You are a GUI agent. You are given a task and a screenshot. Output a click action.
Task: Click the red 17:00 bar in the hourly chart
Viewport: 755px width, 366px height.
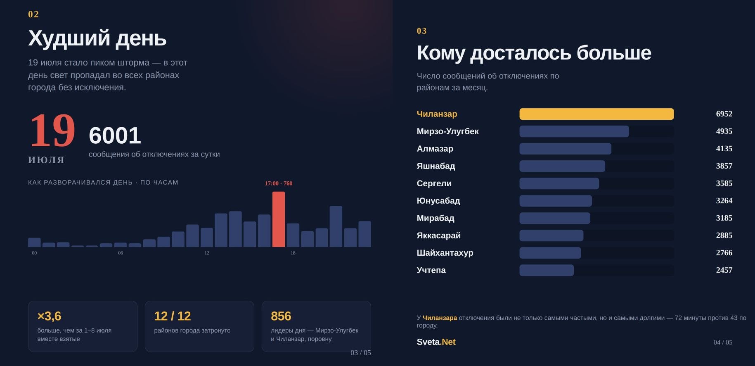[x=278, y=219]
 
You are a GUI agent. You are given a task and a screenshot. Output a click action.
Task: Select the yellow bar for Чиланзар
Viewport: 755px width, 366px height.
[x=596, y=114]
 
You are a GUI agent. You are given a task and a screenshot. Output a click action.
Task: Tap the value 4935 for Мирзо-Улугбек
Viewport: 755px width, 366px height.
[x=724, y=131]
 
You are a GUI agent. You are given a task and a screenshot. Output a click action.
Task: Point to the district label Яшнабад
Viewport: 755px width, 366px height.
[x=436, y=166]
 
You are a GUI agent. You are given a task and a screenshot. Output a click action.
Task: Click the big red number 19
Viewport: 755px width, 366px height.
[x=52, y=131]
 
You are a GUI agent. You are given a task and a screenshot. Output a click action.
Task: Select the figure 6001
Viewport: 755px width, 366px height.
[x=115, y=135]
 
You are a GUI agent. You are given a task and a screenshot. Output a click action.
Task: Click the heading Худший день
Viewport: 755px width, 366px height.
[x=97, y=38]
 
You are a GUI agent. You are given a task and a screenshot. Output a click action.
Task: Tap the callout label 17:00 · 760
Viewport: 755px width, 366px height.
[x=279, y=183]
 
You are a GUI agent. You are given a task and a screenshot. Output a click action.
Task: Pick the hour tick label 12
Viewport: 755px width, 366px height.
[x=207, y=253]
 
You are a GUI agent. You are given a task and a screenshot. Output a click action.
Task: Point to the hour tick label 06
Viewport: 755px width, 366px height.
[x=121, y=253]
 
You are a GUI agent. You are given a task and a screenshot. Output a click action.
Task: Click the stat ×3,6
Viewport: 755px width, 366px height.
[x=49, y=316]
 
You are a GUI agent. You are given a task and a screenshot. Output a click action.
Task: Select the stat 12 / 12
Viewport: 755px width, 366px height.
[x=173, y=316]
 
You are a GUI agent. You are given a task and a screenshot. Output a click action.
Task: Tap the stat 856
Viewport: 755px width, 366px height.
[x=281, y=316]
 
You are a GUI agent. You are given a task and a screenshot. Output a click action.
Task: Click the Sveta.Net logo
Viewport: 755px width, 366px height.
[x=436, y=342]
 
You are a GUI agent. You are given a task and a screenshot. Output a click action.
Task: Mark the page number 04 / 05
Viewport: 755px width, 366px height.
[x=723, y=342]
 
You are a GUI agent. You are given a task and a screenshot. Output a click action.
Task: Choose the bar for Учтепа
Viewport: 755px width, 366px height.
[x=547, y=270]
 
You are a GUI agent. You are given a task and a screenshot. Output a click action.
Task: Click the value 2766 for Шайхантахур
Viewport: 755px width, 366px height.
[x=724, y=253]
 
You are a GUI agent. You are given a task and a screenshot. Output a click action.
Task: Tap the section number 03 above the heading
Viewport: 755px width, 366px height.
[x=422, y=31]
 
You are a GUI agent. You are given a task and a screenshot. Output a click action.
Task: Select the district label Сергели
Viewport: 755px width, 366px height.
[x=434, y=183]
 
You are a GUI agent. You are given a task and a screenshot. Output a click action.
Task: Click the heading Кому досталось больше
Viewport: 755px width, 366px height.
[x=534, y=53]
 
